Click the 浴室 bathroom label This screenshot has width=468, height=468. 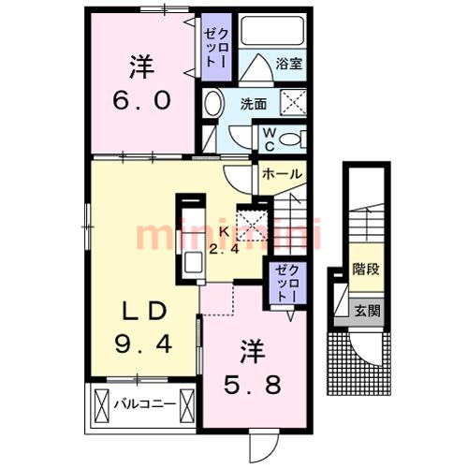[x=289, y=64]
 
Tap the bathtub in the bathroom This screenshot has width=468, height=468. [x=272, y=31]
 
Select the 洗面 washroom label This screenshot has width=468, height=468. [x=254, y=104]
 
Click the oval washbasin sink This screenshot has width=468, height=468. [x=213, y=103]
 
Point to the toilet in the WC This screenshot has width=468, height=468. [x=293, y=139]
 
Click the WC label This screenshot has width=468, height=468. [x=270, y=139]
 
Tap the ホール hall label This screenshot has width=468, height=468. [x=282, y=174]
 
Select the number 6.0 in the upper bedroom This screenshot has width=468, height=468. [x=142, y=100]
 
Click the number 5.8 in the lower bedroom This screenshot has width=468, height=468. [x=253, y=385]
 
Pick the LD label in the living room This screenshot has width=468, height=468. [x=143, y=312]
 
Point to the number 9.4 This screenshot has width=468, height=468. [x=143, y=344]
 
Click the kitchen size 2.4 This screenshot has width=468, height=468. [x=224, y=249]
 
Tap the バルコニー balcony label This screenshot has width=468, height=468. [x=144, y=404]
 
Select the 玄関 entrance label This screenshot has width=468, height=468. [x=367, y=311]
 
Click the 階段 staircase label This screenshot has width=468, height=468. [x=366, y=270]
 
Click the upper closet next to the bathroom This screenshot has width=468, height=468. [x=216, y=48]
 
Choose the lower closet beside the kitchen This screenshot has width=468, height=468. [x=287, y=283]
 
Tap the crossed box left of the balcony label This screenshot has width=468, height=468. [x=102, y=405]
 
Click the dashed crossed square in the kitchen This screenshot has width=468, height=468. [x=252, y=226]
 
